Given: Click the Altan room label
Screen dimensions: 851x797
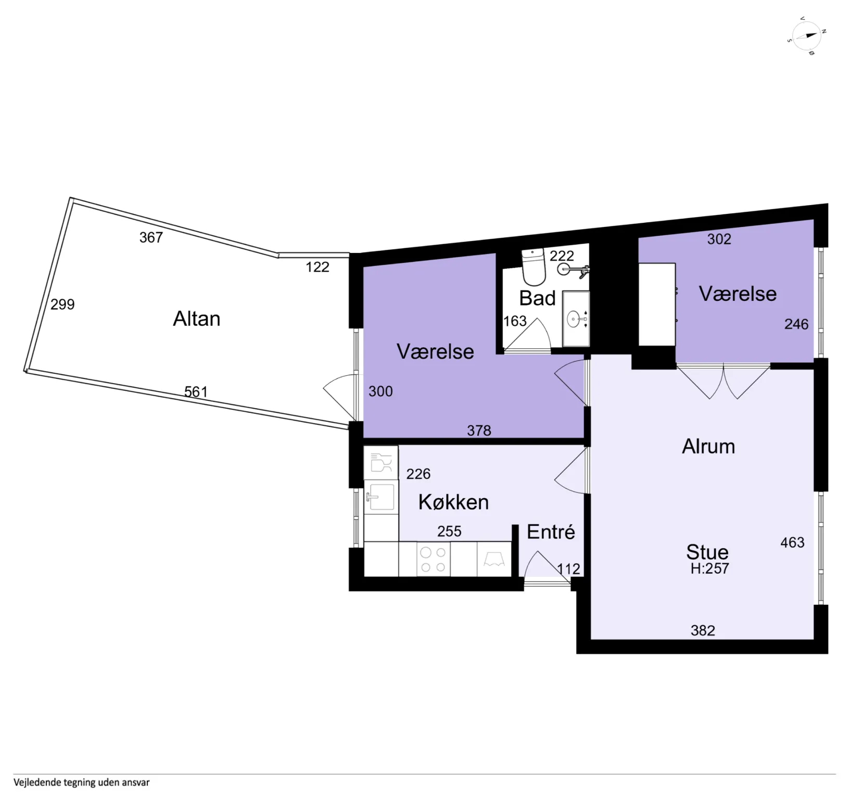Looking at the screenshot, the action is coord(196,319).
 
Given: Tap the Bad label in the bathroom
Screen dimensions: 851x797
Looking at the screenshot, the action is coord(537,298).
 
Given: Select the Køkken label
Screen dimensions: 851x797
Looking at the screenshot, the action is coord(453,502).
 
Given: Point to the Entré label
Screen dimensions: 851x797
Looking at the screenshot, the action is coord(551,532).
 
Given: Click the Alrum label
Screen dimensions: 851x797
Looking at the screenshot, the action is coord(708,447).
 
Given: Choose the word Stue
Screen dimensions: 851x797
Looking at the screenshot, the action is coord(707,552).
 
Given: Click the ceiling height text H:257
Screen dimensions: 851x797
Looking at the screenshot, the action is coord(709,568).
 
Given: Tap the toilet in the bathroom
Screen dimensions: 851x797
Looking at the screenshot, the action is coord(534,267).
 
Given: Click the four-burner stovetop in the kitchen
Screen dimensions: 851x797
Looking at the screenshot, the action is coord(433,559).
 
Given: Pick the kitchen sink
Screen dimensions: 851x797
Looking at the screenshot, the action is coord(380,497).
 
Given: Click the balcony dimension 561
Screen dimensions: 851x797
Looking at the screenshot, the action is coord(196,391).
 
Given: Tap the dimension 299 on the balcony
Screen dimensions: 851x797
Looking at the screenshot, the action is coord(62,304).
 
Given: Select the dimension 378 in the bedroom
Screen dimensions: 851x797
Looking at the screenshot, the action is coord(479,431).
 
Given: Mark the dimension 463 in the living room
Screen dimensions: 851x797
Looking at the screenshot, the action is coord(792,542).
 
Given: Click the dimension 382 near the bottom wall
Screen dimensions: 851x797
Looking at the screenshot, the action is coord(703,630).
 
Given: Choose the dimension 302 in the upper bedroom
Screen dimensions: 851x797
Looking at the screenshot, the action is coord(719,239).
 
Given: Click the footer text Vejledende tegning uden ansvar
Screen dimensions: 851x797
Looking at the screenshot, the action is coord(82,782).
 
